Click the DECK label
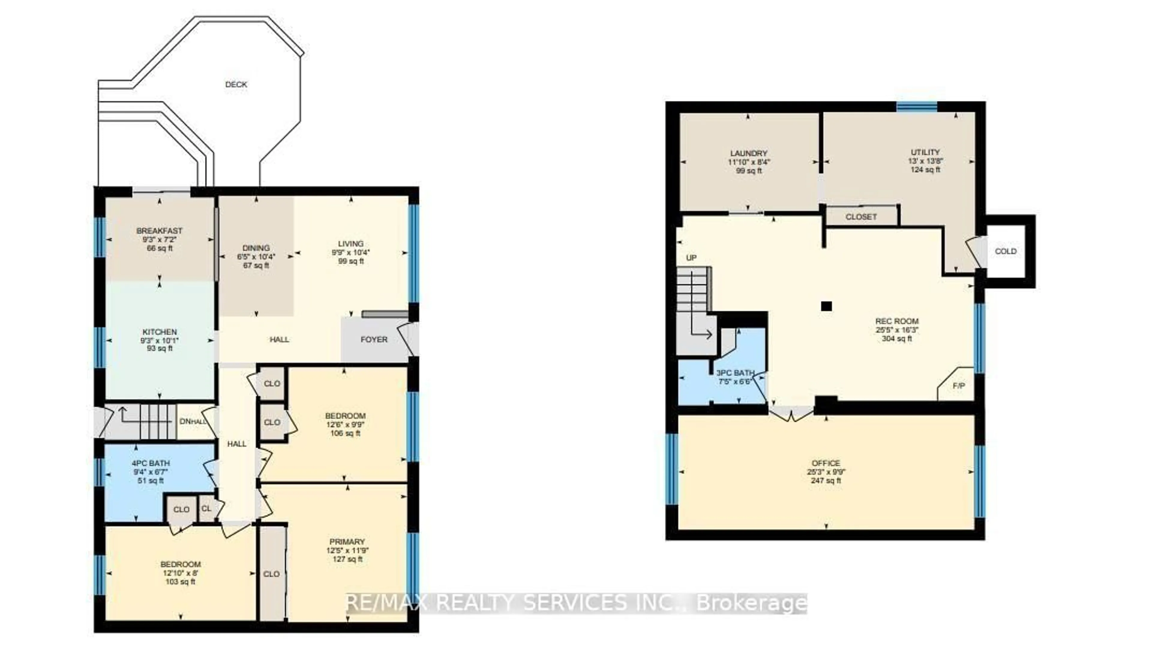pos(236,85)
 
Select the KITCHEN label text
pos(160,332)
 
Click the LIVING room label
pos(351,244)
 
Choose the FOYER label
pos(374,339)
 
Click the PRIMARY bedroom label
pos(347,542)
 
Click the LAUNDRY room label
pos(748,153)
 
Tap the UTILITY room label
pos(925,152)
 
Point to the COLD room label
pos(1006,251)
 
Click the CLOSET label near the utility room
pos(861,217)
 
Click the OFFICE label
pos(826,463)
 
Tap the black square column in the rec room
pos(826,306)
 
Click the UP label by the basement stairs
pos(691,258)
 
